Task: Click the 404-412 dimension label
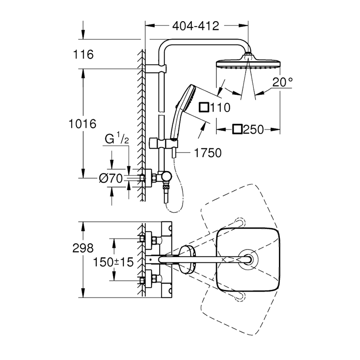[196, 26]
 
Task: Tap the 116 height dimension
[83, 54]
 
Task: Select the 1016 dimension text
[82, 124]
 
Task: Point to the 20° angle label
[283, 82]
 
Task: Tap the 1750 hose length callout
[208, 153]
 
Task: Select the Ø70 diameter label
[111, 178]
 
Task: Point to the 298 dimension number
[83, 248]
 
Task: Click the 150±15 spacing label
[113, 262]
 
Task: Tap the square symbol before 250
[237, 129]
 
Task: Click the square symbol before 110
[204, 107]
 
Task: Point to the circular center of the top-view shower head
[248, 260]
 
